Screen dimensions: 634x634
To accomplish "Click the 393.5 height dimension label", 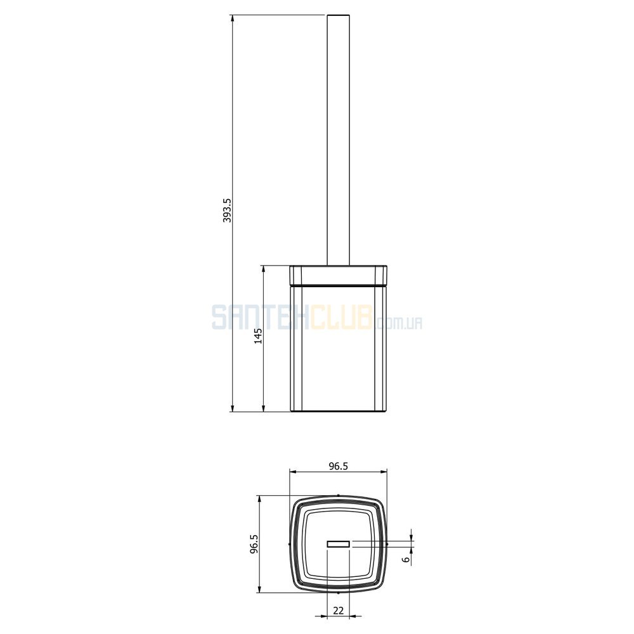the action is (227, 210).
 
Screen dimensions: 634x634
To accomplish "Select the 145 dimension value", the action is (258, 336).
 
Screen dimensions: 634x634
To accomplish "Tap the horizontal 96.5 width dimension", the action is (338, 466).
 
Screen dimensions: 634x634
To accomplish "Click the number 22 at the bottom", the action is (338, 611).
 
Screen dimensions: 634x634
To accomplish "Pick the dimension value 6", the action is (406, 559).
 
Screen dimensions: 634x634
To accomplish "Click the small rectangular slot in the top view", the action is (338, 544).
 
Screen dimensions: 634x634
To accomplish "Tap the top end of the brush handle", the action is (338, 15).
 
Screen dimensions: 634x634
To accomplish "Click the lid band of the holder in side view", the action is (338, 276).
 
